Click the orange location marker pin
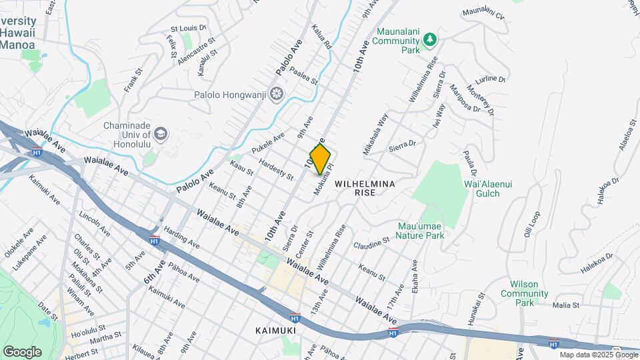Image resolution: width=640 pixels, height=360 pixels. coord(321,159)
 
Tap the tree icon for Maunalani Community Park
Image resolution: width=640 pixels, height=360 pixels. coord(431,40)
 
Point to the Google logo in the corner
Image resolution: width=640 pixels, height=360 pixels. coord(22,351)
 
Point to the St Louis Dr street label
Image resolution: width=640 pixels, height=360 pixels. coord(189,29)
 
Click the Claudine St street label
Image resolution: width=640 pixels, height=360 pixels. coord(371,241)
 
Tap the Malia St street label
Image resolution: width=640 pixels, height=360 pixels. coord(566,305)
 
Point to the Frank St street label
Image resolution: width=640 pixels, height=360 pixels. coord(133,80)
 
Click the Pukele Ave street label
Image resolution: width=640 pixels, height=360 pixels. coord(269,141)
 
